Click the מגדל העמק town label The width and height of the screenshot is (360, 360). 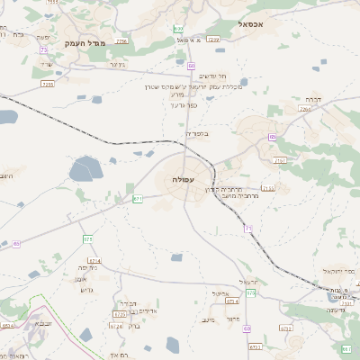click(x=86, y=42)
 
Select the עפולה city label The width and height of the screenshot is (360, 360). click(x=170, y=181)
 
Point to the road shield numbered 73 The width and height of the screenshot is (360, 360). click(x=43, y=50)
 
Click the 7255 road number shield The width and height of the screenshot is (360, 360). click(x=48, y=84)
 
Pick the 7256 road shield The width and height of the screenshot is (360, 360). click(x=121, y=41)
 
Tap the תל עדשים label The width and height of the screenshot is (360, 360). click(x=216, y=76)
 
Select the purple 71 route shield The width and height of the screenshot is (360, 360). click(x=247, y=229)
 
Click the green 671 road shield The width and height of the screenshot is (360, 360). click(x=138, y=198)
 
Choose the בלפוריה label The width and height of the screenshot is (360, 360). click(x=196, y=134)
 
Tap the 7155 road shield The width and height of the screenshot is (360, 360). click(x=268, y=188)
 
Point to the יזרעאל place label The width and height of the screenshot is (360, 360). click(x=250, y=281)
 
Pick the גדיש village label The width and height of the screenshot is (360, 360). click(x=87, y=289)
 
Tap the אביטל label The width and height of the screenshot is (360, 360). click(x=223, y=293)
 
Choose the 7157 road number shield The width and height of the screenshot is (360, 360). click(x=281, y=160)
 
